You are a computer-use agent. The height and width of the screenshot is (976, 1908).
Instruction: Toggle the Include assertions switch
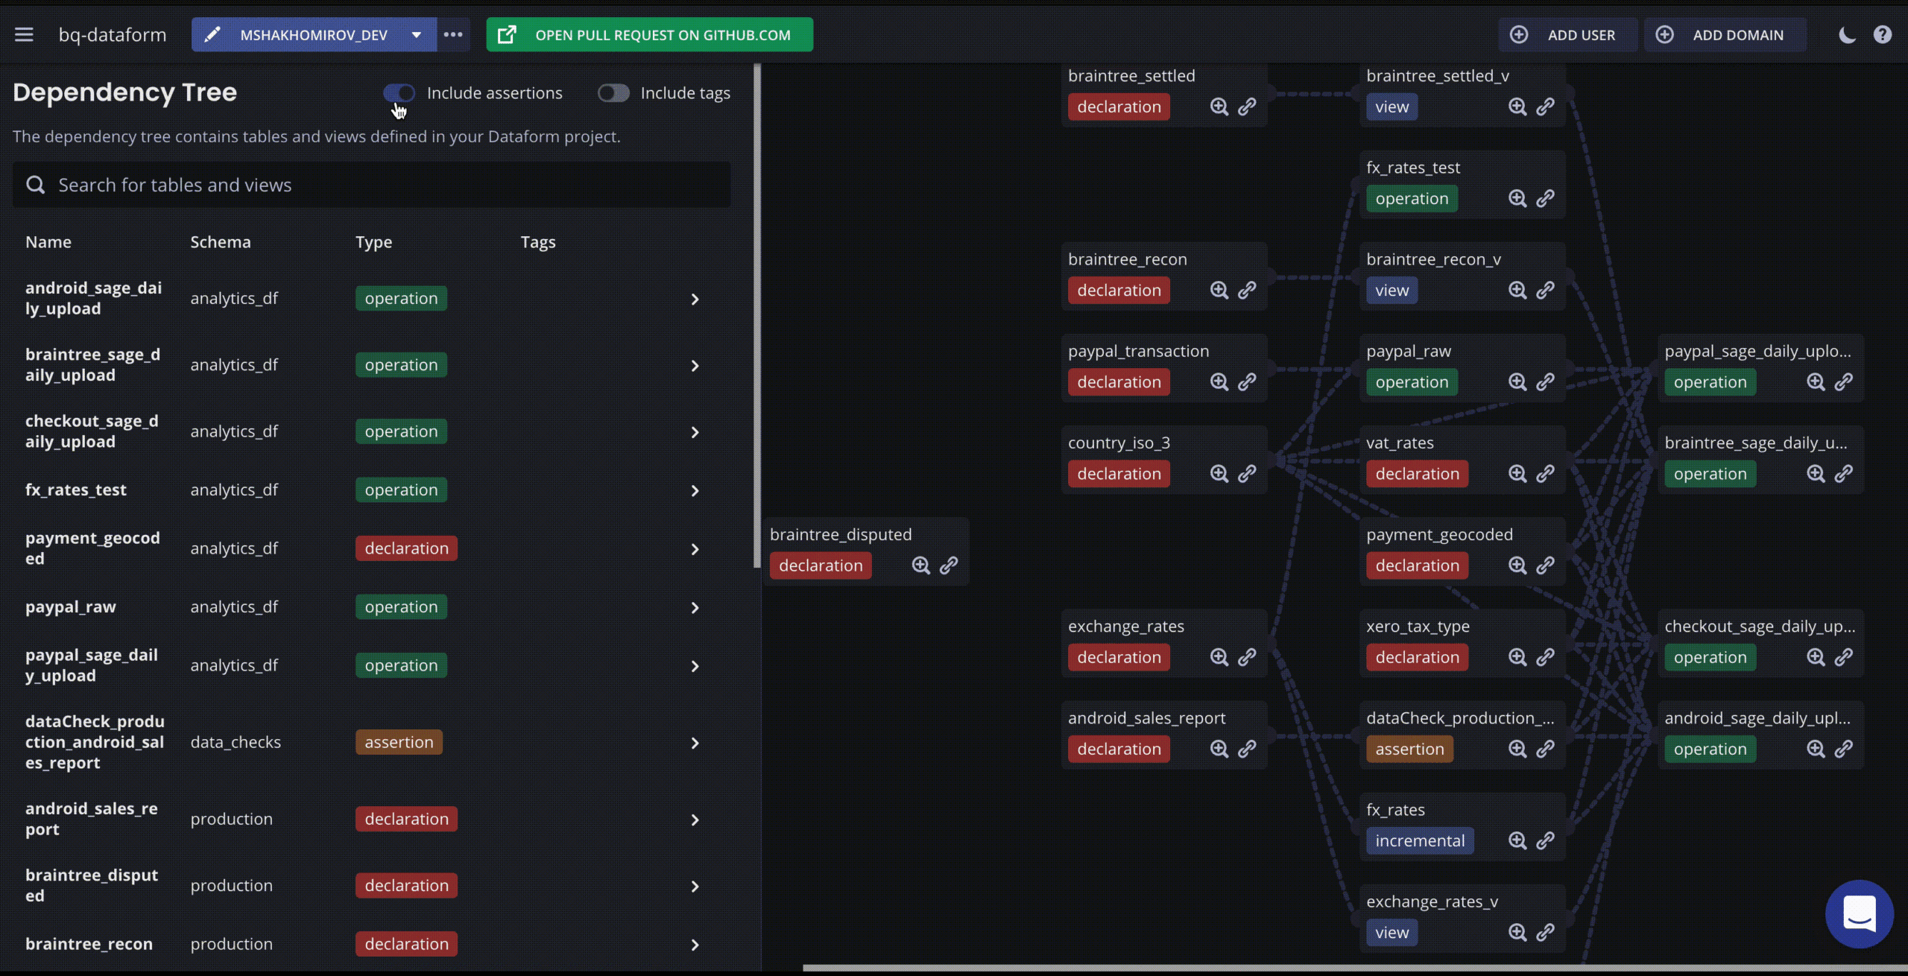pyautogui.click(x=399, y=93)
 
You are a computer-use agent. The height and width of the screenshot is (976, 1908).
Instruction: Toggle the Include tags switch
pyautogui.click(x=613, y=93)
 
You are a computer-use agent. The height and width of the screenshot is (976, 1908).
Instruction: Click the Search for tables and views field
pyautogui.click(x=372, y=185)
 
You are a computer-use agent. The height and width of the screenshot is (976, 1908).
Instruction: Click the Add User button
pyautogui.click(x=1567, y=35)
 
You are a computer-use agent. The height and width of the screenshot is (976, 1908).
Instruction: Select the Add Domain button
pyautogui.click(x=1725, y=35)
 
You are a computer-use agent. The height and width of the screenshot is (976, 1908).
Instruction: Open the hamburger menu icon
pyautogui.click(x=24, y=35)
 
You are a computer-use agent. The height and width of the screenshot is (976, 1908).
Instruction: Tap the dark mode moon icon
pyautogui.click(x=1847, y=35)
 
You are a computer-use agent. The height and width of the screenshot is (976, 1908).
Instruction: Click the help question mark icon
pyautogui.click(x=1883, y=35)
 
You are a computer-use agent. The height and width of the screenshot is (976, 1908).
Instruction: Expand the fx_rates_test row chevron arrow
pyautogui.click(x=695, y=491)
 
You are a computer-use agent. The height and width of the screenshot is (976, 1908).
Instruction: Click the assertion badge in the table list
pyautogui.click(x=399, y=742)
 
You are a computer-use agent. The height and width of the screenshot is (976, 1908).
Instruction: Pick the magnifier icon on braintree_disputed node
pyautogui.click(x=921, y=565)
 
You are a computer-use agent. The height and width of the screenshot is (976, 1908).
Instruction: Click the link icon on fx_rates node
pyautogui.click(x=1546, y=840)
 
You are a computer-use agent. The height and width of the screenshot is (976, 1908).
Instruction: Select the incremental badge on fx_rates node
pyautogui.click(x=1420, y=840)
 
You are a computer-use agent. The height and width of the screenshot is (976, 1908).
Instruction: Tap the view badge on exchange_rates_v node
pyautogui.click(x=1392, y=932)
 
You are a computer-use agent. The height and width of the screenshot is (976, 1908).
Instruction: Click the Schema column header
pyautogui.click(x=221, y=242)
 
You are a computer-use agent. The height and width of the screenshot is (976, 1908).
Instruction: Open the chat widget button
pyautogui.click(x=1860, y=913)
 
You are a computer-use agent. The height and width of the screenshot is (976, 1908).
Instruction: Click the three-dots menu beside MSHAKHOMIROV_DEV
pyautogui.click(x=453, y=35)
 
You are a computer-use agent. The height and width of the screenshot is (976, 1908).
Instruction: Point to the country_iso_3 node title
pyautogui.click(x=1119, y=443)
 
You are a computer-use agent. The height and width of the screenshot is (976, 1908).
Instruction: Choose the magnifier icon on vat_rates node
pyautogui.click(x=1517, y=474)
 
